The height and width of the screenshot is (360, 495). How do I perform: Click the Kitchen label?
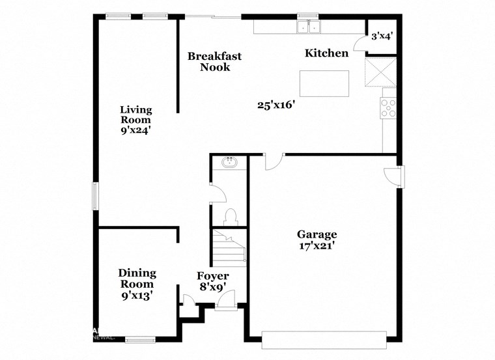(x=327, y=53)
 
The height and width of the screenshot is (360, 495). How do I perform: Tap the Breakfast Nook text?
(x=214, y=61)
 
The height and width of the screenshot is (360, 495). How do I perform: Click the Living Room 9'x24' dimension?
(x=136, y=130)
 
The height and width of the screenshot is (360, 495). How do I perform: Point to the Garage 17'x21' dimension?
(x=317, y=245)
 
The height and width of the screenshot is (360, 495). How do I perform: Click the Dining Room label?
(x=136, y=279)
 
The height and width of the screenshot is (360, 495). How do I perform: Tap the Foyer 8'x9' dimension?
(x=212, y=286)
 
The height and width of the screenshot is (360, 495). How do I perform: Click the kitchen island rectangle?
(x=324, y=83)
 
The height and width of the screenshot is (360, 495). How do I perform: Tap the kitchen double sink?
(x=307, y=27)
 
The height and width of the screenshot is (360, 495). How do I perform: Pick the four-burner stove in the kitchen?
(x=388, y=107)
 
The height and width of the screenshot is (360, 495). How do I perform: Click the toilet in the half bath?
(x=229, y=215)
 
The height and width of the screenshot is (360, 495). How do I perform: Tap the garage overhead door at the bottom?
(x=323, y=336)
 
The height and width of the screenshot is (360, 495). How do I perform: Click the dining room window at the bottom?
(x=140, y=338)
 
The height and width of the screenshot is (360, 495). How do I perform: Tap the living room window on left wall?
(x=95, y=196)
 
